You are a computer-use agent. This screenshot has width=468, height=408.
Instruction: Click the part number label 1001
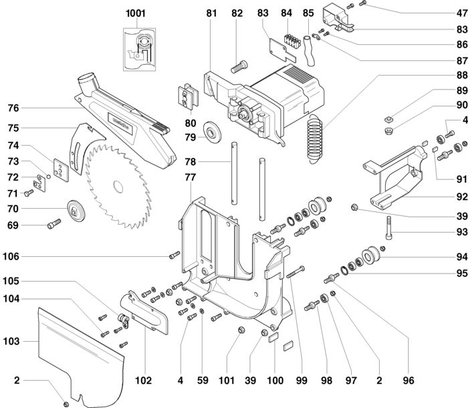tap(136, 13)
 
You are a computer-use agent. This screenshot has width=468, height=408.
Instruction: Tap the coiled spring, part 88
tap(315, 139)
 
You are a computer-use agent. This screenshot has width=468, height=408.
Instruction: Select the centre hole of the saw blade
tap(118, 187)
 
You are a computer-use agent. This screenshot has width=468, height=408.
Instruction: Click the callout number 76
tap(13, 108)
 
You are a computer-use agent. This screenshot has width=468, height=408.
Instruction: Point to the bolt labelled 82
tap(239, 66)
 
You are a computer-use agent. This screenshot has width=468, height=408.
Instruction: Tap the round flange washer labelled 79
tap(212, 132)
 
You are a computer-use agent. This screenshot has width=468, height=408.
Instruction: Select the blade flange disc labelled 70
tap(76, 211)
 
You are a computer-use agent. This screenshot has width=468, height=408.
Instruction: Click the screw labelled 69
tap(54, 223)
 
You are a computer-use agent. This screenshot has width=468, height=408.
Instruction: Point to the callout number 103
tap(11, 341)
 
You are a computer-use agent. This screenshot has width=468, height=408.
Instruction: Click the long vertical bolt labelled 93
tap(388, 227)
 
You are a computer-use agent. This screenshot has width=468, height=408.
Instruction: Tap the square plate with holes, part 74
tap(62, 170)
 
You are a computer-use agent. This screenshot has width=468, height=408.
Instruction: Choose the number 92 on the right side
tap(462, 197)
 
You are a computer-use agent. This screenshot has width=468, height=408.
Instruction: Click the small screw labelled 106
tap(174, 255)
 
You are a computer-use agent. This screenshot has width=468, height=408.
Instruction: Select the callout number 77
tap(190, 177)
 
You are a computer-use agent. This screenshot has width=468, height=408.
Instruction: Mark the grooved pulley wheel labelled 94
tap(371, 256)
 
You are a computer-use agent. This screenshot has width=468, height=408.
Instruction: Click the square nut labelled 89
tap(388, 120)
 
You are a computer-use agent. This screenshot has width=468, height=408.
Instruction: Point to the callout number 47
tap(462, 13)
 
